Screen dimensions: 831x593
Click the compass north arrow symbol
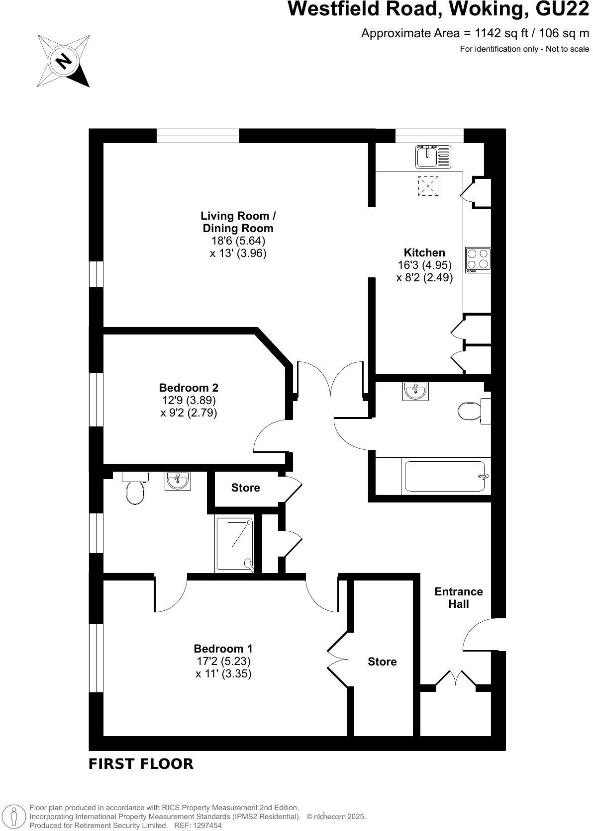64,61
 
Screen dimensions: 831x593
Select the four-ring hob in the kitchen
478,260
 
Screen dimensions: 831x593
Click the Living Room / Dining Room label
238,222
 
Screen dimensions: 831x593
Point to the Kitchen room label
424,252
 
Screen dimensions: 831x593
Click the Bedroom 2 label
189,388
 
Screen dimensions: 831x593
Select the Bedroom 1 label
223,649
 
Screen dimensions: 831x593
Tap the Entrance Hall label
458,598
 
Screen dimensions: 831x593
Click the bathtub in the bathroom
445,477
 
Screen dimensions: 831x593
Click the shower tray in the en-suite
234,543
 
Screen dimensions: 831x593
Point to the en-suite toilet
135,490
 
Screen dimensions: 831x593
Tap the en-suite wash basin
177,481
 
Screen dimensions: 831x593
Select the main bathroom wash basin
415,391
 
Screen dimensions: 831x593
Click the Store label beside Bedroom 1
382,662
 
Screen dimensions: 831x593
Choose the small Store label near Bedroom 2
245,488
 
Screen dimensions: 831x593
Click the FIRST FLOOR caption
141,764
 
